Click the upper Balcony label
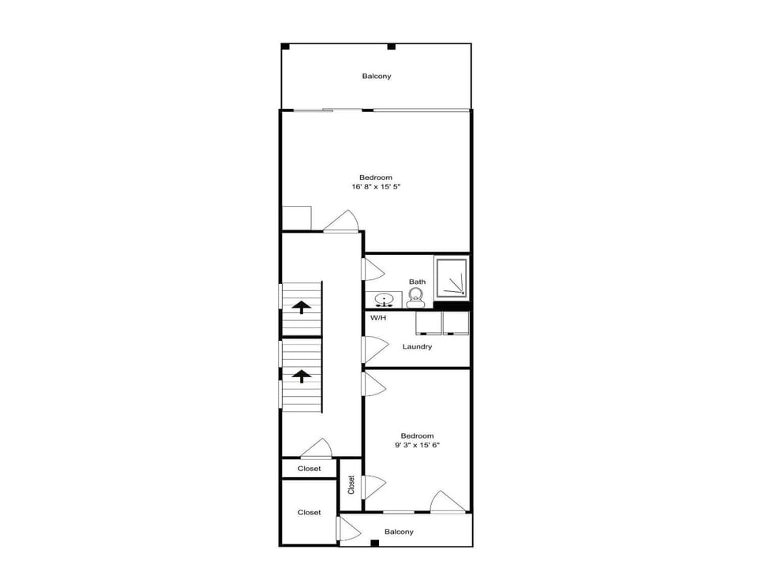377,76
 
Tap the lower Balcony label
399,532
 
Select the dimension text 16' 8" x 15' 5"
376,186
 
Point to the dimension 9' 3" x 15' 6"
417,445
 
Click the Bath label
417,282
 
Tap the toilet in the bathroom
415,297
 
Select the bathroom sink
384,300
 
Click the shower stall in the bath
452,278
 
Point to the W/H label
378,318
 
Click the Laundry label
417,346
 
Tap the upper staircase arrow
301,307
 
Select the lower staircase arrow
301,376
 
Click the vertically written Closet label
351,485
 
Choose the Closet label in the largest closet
309,513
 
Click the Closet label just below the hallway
309,469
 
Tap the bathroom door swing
373,269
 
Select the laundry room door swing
376,349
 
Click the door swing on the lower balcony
349,529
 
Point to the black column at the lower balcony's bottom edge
374,543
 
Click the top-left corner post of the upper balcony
285,47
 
